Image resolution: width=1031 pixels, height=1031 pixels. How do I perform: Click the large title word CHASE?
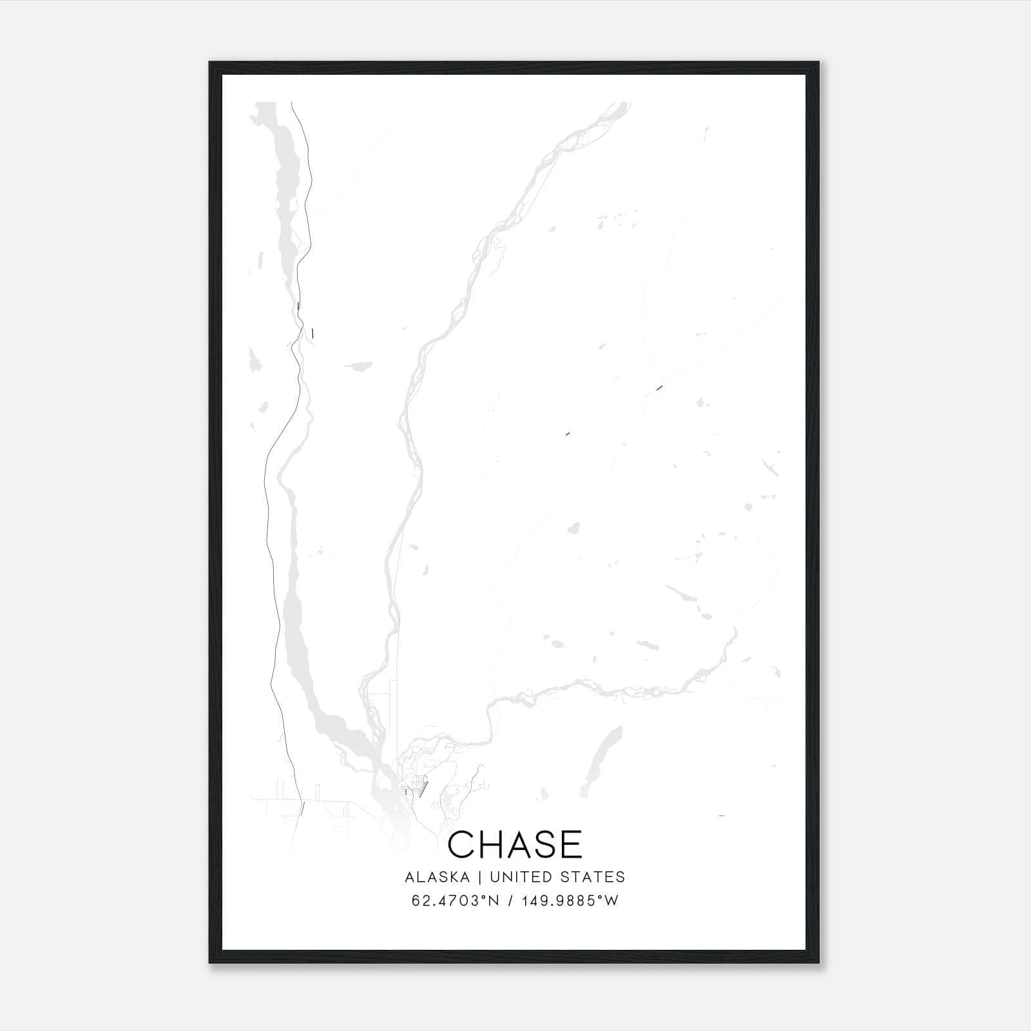pyautogui.click(x=515, y=845)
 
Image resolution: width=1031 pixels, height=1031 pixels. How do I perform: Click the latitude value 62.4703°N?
pyautogui.click(x=456, y=900)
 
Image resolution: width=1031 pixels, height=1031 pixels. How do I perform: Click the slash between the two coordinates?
pyautogui.click(x=510, y=900)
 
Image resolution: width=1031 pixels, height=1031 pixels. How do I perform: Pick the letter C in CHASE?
pyautogui.click(x=461, y=845)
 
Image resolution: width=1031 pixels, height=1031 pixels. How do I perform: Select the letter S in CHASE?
pyautogui.click(x=545, y=845)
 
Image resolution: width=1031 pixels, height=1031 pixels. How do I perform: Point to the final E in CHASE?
pyautogui.click(x=572, y=845)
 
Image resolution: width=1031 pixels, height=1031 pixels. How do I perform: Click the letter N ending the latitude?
pyautogui.click(x=494, y=900)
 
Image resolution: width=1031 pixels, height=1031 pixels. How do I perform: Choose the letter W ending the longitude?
pyautogui.click(x=612, y=900)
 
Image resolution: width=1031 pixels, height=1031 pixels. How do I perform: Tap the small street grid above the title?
pyautogui.click(x=412, y=787)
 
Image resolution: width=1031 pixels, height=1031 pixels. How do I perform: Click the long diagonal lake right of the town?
pyautogui.click(x=602, y=760)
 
